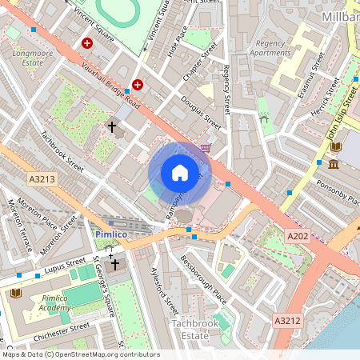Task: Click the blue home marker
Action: pyautogui.click(x=180, y=173)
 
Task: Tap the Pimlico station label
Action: pyautogui.click(x=110, y=234)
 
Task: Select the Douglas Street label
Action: pyautogui.click(x=202, y=112)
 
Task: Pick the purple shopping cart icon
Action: pyautogui.click(x=206, y=147)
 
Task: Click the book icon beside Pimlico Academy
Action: pyautogui.click(x=16, y=294)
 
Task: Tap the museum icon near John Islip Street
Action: pyautogui.click(x=332, y=164)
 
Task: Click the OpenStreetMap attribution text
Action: pyautogui.click(x=81, y=354)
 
